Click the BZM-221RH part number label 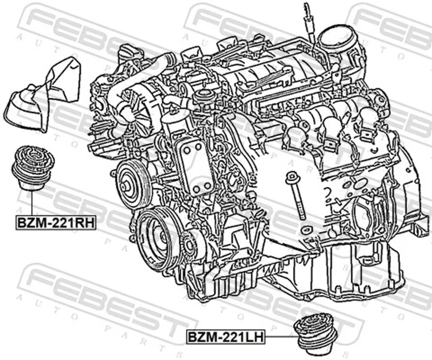pos(56,223)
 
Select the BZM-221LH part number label pos(226,337)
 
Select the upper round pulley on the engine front pos(131,185)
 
